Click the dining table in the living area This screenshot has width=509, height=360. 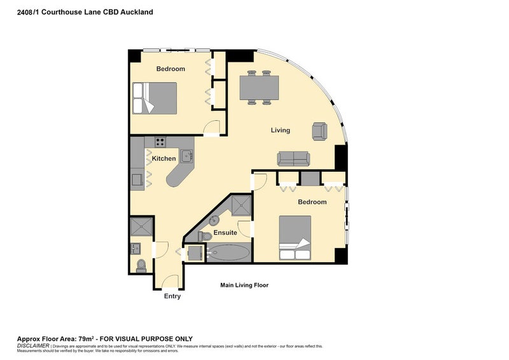tap(258, 88)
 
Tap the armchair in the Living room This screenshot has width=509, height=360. tap(319, 131)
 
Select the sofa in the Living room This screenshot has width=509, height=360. tap(293, 158)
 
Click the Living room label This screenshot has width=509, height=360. tap(280, 130)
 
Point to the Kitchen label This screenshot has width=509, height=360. tap(164, 158)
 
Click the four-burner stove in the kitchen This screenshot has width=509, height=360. tap(158, 142)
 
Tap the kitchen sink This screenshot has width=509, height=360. tap(186, 155)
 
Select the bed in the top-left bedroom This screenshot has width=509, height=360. tap(155, 98)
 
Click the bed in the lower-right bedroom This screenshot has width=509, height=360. tap(295, 238)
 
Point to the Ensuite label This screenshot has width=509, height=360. tap(225, 233)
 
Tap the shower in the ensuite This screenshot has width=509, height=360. tap(241, 204)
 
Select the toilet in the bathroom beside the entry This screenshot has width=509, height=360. tap(141, 265)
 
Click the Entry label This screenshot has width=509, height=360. tap(172, 296)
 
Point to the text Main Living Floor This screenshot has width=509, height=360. tap(244, 286)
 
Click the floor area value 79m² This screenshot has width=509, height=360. tap(84, 338)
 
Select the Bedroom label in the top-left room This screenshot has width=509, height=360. tap(171, 69)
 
